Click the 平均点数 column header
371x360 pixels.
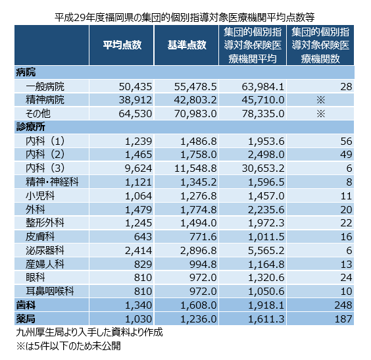click(122, 45)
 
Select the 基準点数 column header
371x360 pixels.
click(187, 45)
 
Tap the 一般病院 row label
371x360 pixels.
click(45, 86)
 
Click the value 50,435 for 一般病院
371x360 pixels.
click(136, 87)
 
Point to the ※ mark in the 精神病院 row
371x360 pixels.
click(321, 100)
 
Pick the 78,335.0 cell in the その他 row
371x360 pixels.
click(263, 114)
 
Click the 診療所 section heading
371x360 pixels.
click(30, 127)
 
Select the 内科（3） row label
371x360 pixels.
click(45, 168)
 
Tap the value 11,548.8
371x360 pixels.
click(195, 168)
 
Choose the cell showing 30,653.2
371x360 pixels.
click(263, 168)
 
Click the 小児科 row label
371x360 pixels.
click(40, 195)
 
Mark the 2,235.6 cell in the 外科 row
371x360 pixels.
click(266, 210)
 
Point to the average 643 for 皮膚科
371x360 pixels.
click(143, 237)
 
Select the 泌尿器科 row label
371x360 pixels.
click(45, 250)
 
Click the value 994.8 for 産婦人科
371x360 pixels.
click(203, 265)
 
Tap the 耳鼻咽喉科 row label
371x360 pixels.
click(50, 291)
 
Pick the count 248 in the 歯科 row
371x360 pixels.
click(343, 305)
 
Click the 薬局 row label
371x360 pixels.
click(26, 319)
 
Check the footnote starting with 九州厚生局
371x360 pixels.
click(89, 332)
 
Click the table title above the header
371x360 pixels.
click(185, 17)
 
